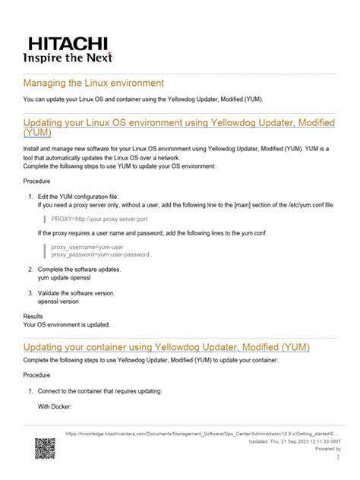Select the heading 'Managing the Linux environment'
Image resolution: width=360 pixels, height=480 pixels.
tap(95, 82)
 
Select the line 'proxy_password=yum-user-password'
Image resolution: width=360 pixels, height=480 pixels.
tap(99, 255)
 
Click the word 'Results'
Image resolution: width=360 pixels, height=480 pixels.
tap(33, 315)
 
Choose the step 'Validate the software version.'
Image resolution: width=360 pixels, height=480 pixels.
tap(87, 293)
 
